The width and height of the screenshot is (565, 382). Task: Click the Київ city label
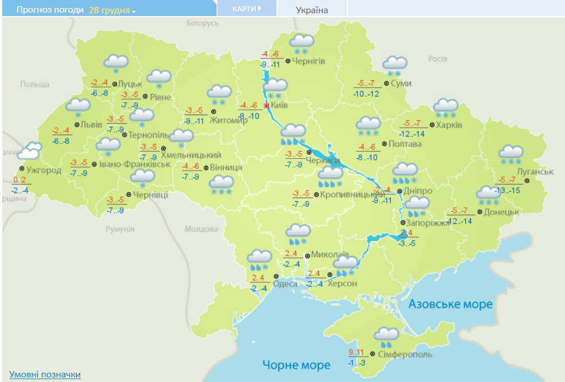[279, 106]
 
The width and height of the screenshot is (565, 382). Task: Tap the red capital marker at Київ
[266, 106]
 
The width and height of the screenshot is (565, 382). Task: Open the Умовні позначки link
[45, 375]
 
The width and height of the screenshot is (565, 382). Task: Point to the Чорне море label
[297, 365]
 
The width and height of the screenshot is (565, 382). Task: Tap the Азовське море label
[450, 304]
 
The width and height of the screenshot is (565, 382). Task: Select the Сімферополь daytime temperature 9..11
[356, 352]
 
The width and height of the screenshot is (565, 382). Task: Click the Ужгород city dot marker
[21, 169]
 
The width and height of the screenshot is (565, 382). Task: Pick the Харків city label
[449, 125]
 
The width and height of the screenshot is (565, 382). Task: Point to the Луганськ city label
[534, 172]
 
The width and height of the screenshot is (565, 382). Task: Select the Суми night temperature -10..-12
[366, 94]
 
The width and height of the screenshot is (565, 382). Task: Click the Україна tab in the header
[312, 10]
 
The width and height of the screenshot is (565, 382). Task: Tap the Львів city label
[91, 125]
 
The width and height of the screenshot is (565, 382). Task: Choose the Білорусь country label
[202, 23]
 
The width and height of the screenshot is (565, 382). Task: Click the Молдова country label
[200, 229]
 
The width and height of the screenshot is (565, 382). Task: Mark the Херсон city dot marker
[322, 274]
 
